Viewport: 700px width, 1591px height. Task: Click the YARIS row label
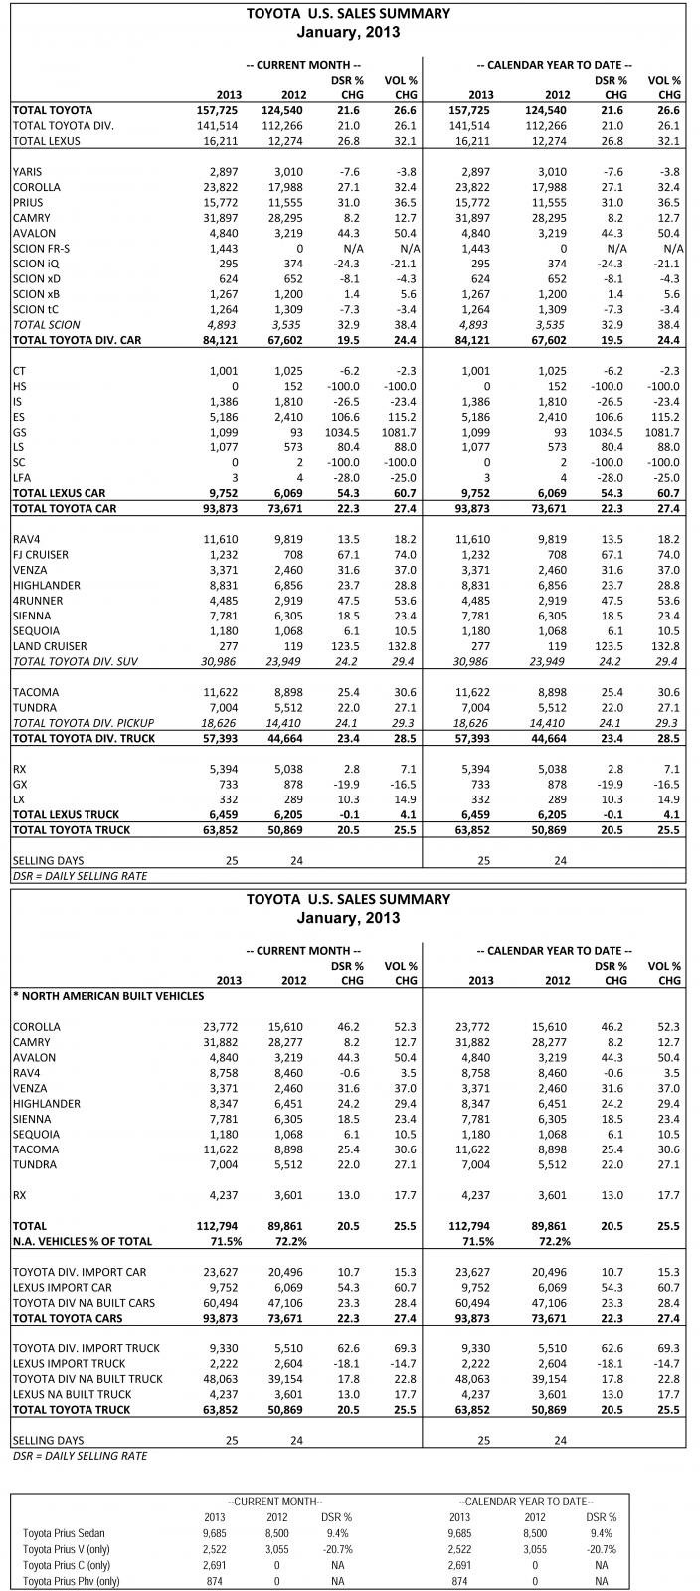27,172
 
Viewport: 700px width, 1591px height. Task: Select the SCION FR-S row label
41,249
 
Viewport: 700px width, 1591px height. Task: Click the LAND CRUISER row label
48,646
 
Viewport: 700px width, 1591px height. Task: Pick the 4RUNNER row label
36,601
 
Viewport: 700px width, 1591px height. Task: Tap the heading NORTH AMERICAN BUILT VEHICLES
109,995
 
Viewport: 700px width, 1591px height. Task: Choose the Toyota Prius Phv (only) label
71,1581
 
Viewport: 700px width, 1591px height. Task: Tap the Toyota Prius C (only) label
67,1565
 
